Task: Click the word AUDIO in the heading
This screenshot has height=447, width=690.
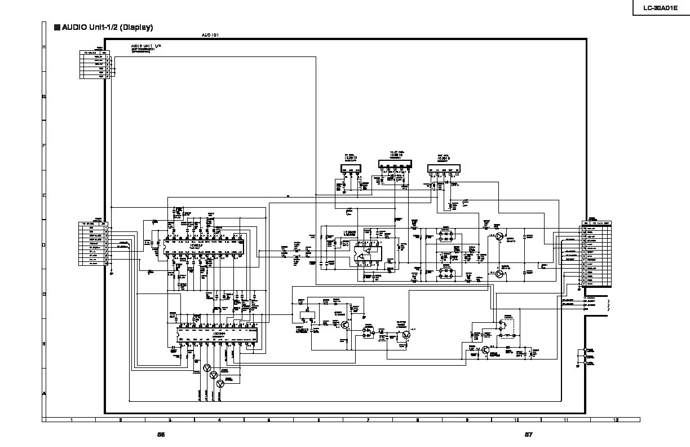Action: pyautogui.click(x=75, y=27)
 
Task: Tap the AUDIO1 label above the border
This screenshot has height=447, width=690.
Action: pyautogui.click(x=210, y=35)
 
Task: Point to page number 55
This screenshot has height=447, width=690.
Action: pyautogui.click(x=161, y=435)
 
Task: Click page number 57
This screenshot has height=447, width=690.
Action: pyautogui.click(x=528, y=435)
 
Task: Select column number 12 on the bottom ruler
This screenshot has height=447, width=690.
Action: pyautogui.click(x=616, y=420)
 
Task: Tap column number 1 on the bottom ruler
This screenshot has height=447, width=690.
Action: pyautogui.click(x=71, y=420)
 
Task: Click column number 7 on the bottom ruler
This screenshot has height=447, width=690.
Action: pyautogui.click(x=368, y=420)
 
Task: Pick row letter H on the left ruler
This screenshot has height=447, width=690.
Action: pyautogui.click(x=44, y=47)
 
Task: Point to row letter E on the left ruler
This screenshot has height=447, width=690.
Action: pyautogui.click(x=44, y=195)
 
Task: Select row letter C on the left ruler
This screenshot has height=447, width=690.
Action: pyautogui.click(x=44, y=294)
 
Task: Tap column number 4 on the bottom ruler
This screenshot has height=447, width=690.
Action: pyautogui.click(x=219, y=420)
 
